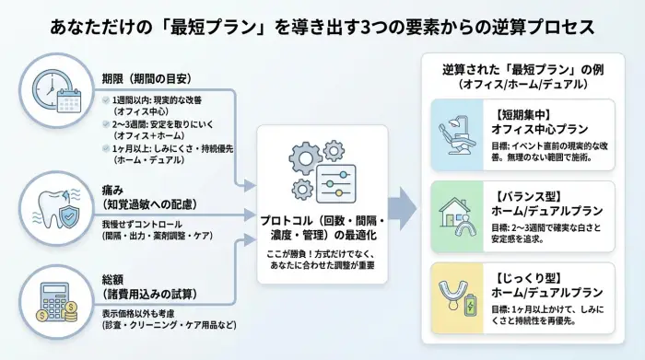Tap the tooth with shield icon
click(58, 200)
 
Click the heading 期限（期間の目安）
click(145, 77)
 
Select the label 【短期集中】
click(519, 115)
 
